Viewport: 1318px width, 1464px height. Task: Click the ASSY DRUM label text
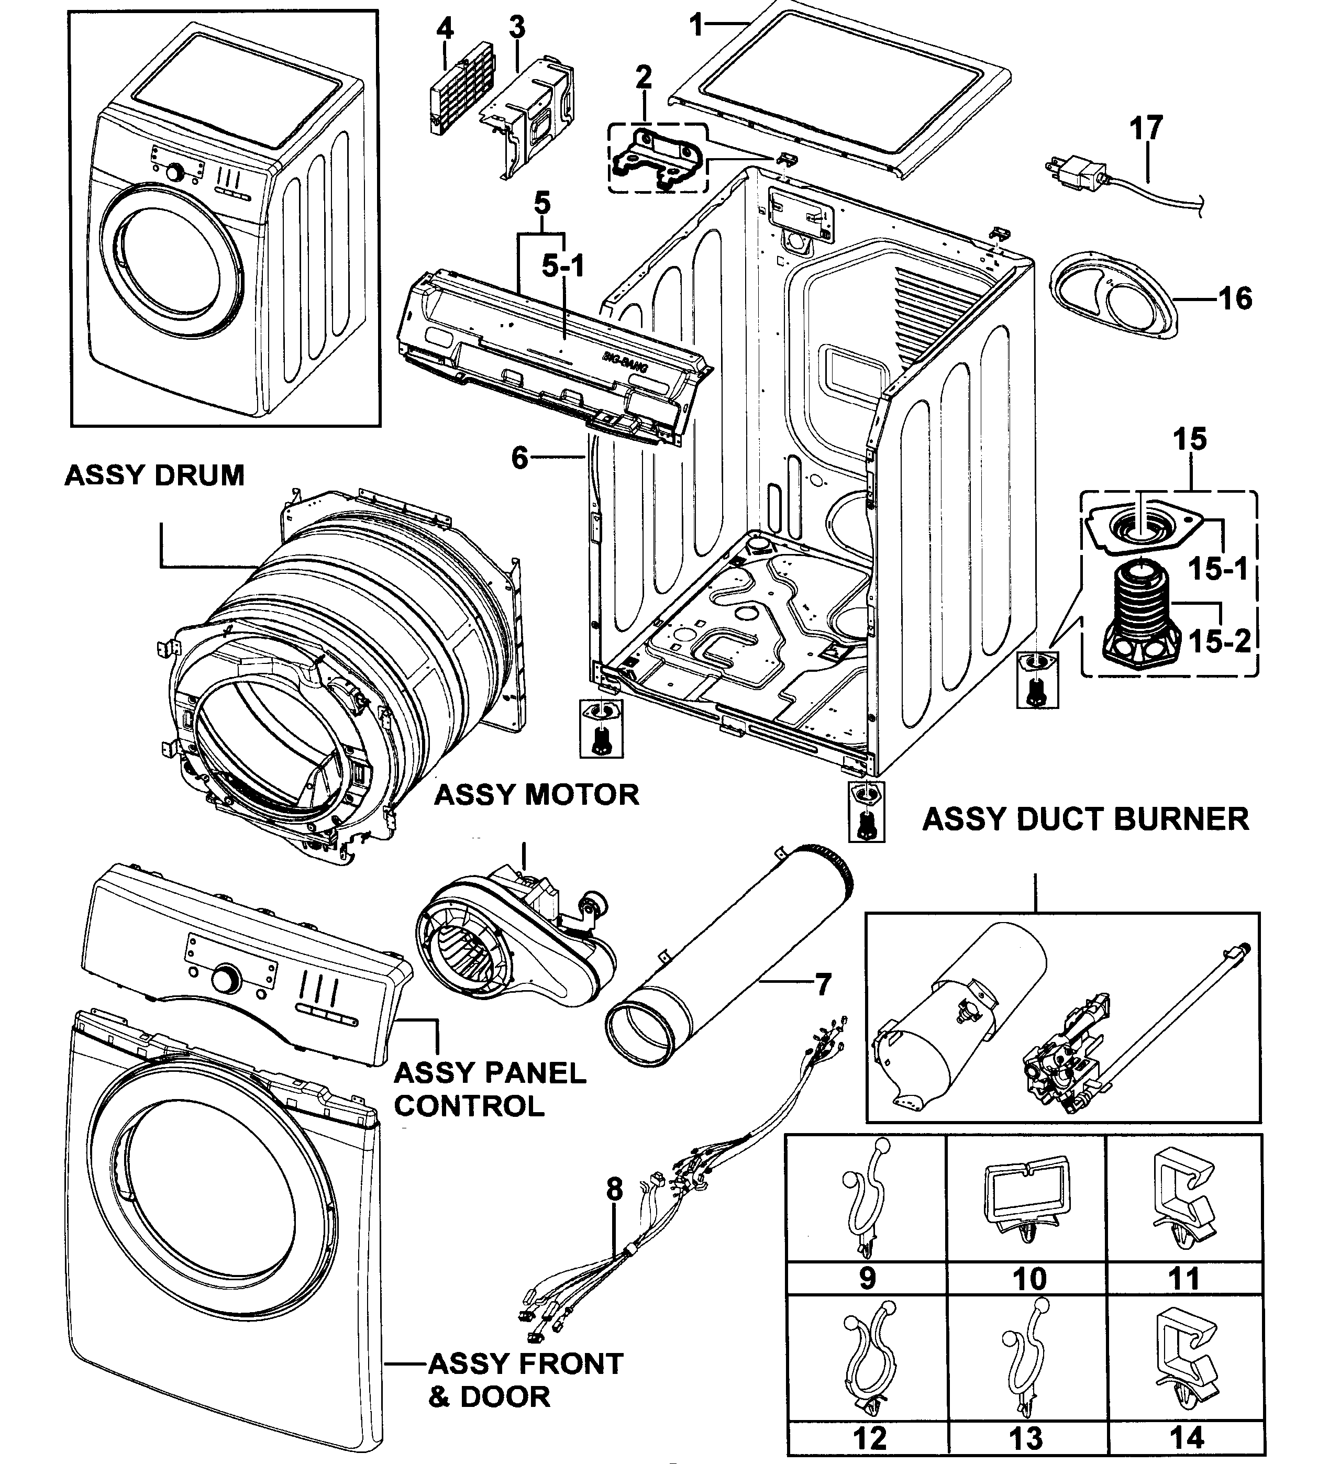(x=154, y=475)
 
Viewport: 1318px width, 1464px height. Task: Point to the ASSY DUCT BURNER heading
(x=1085, y=819)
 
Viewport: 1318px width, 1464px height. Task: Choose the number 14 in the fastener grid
(x=1186, y=1437)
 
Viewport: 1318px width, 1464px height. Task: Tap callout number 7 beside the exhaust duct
(x=823, y=985)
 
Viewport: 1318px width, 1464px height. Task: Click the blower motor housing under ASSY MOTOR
(x=500, y=948)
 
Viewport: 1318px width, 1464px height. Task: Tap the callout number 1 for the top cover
(x=696, y=26)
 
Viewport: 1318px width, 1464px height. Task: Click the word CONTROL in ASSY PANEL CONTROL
(x=469, y=1106)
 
